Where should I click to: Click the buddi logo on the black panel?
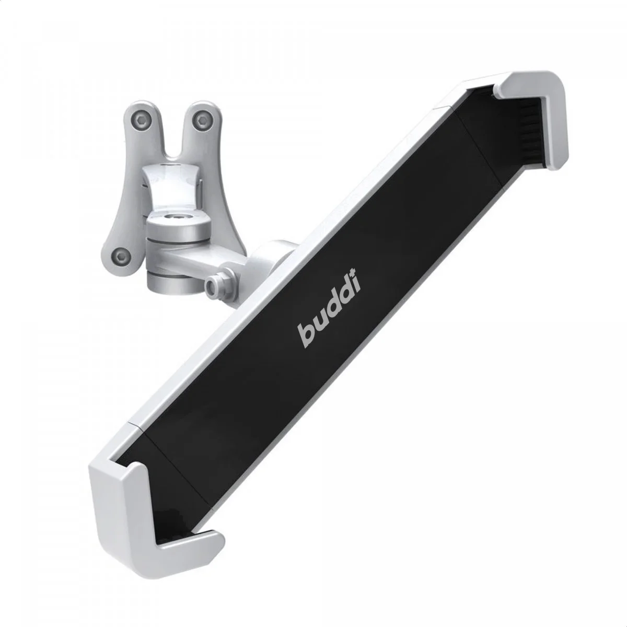coord(330,313)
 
